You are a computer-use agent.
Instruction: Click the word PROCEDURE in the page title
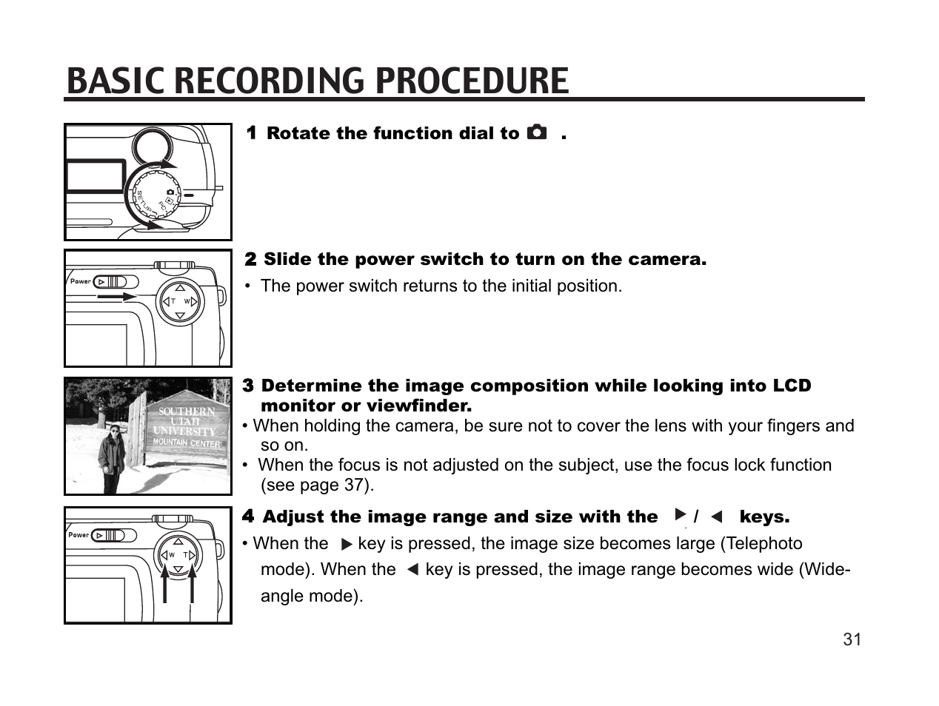[x=471, y=81]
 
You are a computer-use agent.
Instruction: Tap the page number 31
[x=852, y=639]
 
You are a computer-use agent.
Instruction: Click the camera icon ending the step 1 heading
[x=537, y=133]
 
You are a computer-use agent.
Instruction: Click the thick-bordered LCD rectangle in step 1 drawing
[x=95, y=177]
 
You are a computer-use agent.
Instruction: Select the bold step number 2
[x=250, y=260]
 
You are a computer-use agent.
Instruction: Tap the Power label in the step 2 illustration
[x=80, y=281]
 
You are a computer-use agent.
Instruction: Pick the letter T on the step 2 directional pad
[x=173, y=301]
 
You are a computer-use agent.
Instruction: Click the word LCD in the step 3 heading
[x=792, y=386]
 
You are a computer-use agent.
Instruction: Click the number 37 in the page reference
[x=353, y=485]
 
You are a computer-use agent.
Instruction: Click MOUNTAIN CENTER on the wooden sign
[x=187, y=443]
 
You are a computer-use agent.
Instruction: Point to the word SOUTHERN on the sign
[x=187, y=411]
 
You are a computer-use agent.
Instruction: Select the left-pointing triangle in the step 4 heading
[x=715, y=517]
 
